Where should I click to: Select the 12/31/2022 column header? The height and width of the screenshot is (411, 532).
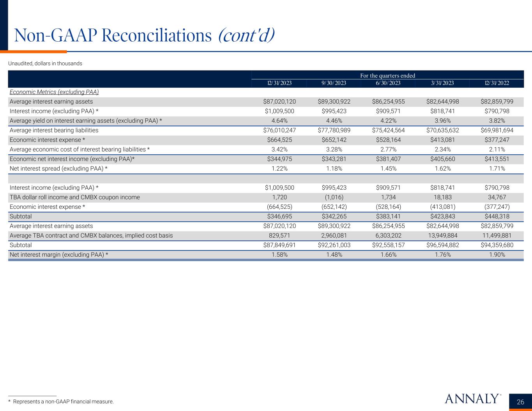pos(497,83)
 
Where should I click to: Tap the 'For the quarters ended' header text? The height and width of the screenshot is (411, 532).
pos(388,76)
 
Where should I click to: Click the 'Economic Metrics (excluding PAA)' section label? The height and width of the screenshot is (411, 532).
pos(54,92)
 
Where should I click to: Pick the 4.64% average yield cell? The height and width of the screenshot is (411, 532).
pos(279,121)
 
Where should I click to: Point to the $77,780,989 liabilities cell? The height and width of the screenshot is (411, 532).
pos(334,130)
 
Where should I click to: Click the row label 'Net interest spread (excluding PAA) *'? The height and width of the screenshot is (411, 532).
pos(58,169)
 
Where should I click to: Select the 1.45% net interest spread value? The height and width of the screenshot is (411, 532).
pos(388,169)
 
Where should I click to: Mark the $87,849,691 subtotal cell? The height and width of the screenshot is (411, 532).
pos(279,245)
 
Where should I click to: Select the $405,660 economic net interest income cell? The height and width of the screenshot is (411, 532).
pos(443,159)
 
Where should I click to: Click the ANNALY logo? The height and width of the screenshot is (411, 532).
pos(472,399)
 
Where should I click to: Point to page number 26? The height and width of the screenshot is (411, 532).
pos(520,402)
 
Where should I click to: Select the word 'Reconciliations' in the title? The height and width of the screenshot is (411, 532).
pos(156,35)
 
